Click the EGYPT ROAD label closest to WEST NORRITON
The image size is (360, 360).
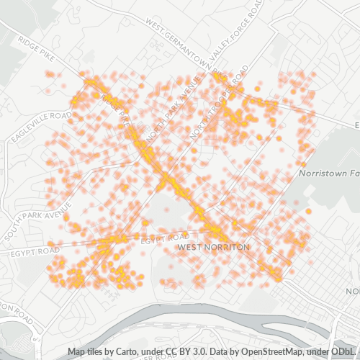165,237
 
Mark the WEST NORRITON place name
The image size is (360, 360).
212,247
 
